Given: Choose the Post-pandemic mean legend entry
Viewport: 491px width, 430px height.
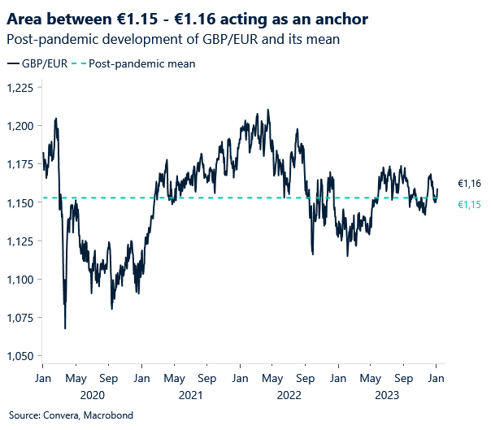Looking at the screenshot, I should [137, 63].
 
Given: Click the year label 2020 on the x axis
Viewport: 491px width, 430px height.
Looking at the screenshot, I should [92, 395].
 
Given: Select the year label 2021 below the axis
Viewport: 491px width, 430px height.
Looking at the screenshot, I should [190, 395].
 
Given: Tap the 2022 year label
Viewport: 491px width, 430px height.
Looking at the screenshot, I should [289, 395].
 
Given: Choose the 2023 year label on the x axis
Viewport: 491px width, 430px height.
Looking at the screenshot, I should [387, 395].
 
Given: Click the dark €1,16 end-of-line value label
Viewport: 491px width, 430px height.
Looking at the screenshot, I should [469, 185].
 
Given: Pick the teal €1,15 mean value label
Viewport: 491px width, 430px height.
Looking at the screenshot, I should [469, 204].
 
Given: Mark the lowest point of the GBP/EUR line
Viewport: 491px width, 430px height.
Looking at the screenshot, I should [65, 328].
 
